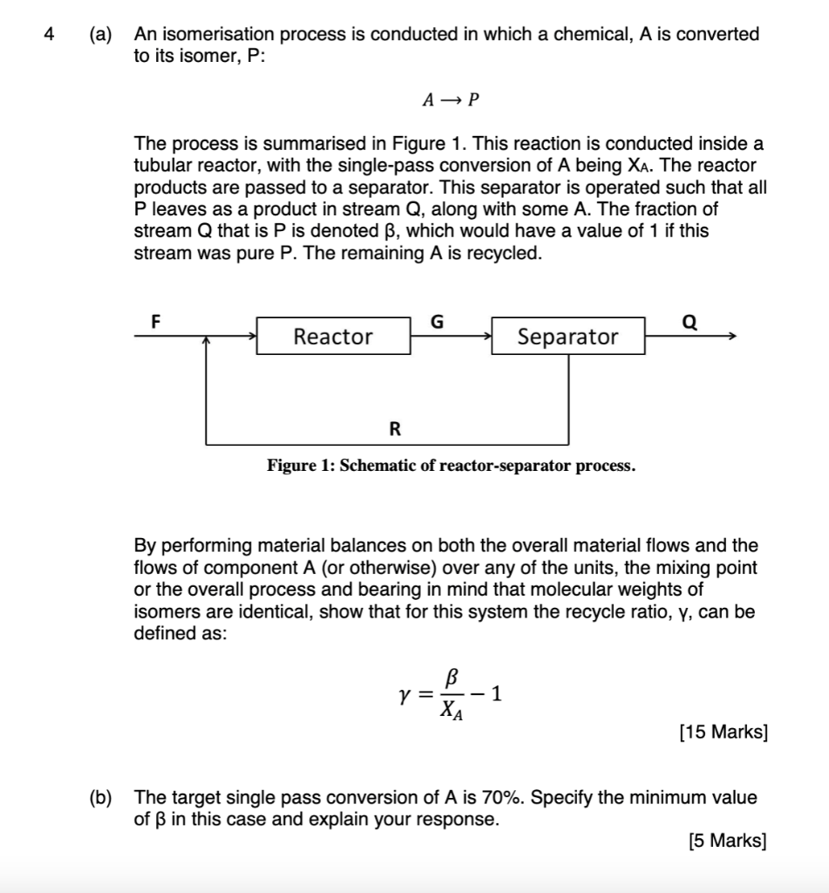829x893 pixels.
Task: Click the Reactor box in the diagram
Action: (x=333, y=337)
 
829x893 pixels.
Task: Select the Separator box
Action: (x=567, y=337)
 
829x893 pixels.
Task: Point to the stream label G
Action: (x=438, y=321)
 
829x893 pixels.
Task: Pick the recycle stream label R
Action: (x=395, y=428)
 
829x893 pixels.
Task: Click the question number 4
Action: (x=50, y=35)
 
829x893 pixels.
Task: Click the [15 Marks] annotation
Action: (x=723, y=733)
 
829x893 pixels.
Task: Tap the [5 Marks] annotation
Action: (x=727, y=842)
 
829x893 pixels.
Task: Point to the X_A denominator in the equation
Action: (x=451, y=712)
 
